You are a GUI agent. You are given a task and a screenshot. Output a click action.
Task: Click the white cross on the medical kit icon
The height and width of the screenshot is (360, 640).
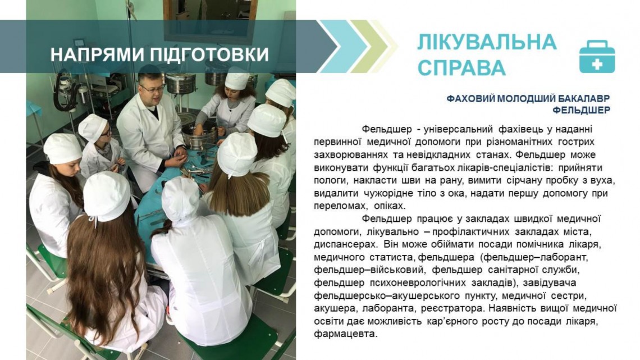click(x=597, y=63)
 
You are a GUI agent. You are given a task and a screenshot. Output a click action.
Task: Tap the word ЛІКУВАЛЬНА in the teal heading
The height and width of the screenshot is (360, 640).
click(x=487, y=43)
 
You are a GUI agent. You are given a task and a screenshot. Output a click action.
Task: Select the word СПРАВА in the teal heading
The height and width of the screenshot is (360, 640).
click(x=461, y=68)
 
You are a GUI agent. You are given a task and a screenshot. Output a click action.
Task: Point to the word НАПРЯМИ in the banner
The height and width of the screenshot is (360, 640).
click(x=98, y=54)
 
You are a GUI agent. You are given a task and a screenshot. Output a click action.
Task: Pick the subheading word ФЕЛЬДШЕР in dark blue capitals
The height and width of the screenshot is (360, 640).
click(x=582, y=110)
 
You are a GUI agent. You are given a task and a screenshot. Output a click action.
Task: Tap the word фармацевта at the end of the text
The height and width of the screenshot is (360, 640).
click(x=345, y=334)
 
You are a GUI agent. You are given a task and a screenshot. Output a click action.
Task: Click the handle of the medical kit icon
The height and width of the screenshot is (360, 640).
click(x=597, y=44)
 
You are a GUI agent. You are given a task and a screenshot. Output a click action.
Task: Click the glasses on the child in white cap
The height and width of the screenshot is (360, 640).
click(x=105, y=133)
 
